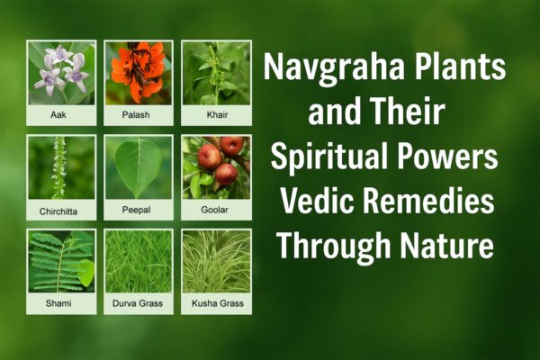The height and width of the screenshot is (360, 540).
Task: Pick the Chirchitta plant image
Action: coord(61,167)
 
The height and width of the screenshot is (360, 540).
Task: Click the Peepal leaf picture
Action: coord(139,167)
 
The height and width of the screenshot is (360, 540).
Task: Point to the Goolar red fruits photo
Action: coord(216,167)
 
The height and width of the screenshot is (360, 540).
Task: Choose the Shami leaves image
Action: coord(61,262)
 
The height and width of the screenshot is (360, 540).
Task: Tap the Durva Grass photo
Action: coord(139,262)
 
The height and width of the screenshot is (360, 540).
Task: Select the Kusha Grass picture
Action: coord(216,262)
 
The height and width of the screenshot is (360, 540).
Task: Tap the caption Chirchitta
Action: coord(61,211)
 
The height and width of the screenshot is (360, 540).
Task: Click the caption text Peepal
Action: coord(139,211)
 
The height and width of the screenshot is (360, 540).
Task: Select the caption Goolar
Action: coord(216,211)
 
